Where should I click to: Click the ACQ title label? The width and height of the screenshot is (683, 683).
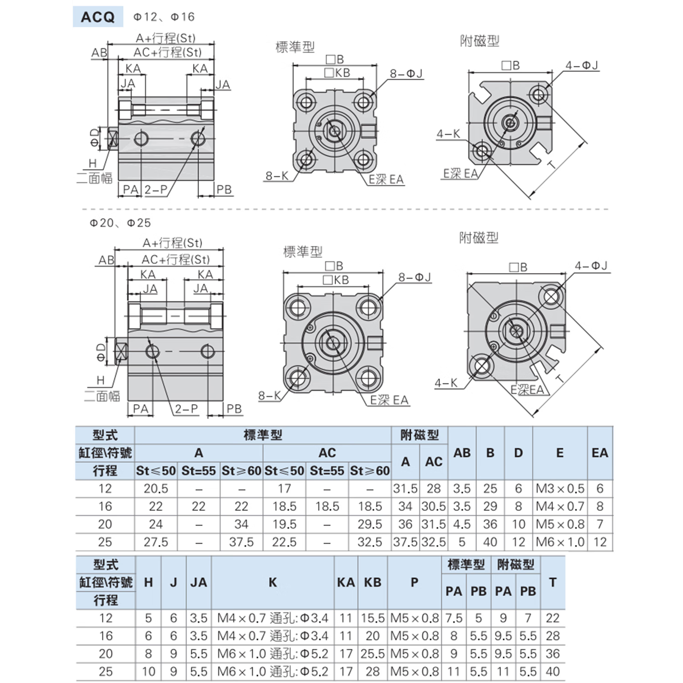click(98, 17)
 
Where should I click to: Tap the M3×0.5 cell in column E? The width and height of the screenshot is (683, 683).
click(560, 489)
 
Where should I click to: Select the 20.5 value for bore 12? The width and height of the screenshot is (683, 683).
click(156, 489)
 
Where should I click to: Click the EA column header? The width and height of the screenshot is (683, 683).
click(600, 453)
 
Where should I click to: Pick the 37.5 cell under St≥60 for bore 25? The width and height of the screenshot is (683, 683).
click(241, 542)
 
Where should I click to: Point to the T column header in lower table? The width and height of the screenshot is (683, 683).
click(553, 582)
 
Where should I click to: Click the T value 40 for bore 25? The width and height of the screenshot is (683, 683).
click(553, 672)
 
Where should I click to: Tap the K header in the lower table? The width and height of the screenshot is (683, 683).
click(273, 582)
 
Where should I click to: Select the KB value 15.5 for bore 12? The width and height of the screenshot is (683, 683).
click(372, 618)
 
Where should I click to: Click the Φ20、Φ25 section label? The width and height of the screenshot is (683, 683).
click(120, 223)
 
